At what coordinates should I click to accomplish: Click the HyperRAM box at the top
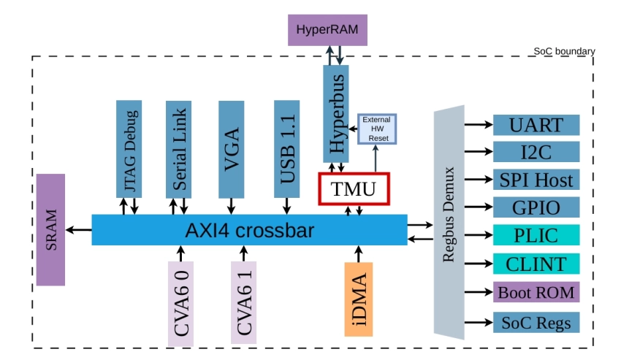click(x=327, y=30)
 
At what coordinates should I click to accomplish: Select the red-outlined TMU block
click(x=354, y=189)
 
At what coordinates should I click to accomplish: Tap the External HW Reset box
click(x=377, y=129)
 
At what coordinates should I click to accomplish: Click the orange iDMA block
click(x=359, y=299)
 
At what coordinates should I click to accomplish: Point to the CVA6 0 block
click(x=180, y=304)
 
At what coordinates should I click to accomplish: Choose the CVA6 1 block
click(x=244, y=302)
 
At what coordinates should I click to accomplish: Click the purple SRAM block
click(x=50, y=230)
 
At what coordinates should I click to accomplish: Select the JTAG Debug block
click(x=129, y=149)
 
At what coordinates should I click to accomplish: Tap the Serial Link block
click(x=178, y=150)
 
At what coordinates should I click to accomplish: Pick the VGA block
click(x=232, y=150)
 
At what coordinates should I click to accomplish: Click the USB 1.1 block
click(x=286, y=149)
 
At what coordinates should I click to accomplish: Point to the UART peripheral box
click(x=536, y=125)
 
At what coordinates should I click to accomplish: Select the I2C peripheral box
click(x=536, y=152)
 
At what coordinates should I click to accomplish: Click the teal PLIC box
click(x=536, y=234)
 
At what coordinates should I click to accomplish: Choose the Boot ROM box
click(x=536, y=292)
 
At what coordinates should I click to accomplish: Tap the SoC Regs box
click(x=536, y=323)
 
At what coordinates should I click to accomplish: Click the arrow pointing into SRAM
click(x=79, y=230)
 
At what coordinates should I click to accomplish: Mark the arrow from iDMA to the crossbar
click(x=359, y=254)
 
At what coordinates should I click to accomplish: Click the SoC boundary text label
click(x=564, y=51)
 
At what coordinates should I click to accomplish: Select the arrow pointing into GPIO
click(x=479, y=207)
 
